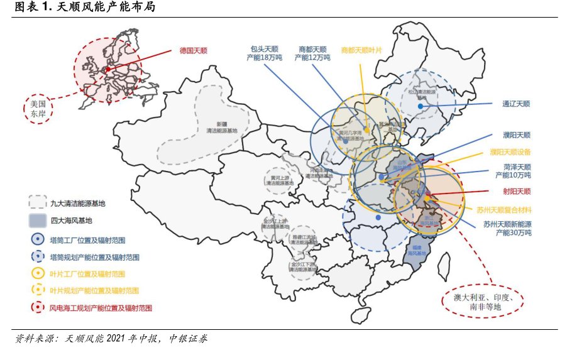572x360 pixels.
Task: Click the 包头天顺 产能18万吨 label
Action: point(265,53)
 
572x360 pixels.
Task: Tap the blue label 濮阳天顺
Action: point(517,135)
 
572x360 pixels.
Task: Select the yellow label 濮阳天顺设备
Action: point(510,151)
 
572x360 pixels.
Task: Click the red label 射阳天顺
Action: point(517,191)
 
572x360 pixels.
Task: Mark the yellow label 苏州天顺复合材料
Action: point(504,209)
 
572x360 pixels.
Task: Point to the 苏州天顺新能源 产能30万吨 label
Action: point(507,228)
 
